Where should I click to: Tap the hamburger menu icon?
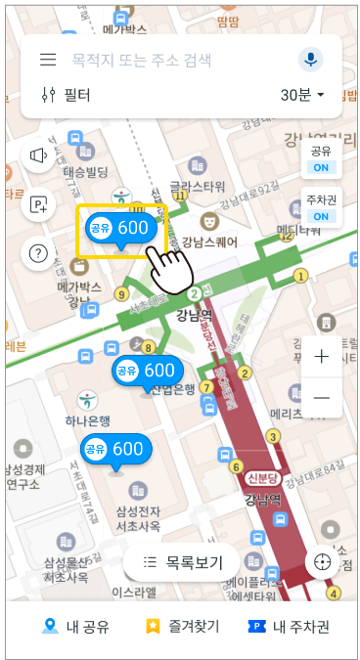point(47,60)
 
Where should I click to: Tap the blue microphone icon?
point(311,60)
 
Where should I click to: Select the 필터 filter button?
point(67,95)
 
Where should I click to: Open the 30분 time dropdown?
point(302,95)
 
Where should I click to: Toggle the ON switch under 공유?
point(321,167)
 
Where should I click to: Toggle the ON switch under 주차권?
point(321,216)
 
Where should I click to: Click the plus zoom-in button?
point(321,357)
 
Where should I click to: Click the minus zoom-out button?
point(321,398)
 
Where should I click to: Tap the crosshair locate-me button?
point(322,562)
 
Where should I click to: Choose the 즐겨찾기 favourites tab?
point(182,627)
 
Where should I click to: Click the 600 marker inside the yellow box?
point(119,228)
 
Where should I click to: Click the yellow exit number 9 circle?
point(121,293)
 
